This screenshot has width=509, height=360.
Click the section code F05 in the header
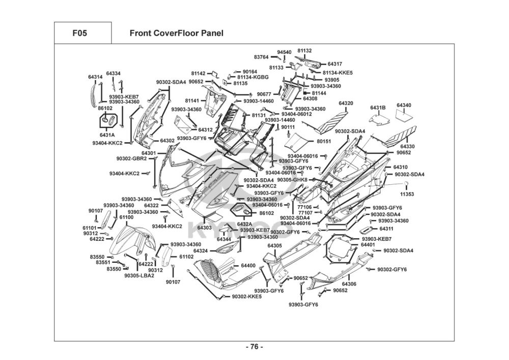[x=79, y=34]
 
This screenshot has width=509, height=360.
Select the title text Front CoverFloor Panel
[x=176, y=34]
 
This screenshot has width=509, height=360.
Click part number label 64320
[x=346, y=104]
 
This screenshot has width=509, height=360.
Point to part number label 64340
[x=404, y=105]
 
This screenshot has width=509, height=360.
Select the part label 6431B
[x=378, y=107]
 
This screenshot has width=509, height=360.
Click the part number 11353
[x=407, y=194]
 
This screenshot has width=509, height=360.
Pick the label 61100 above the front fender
[x=127, y=217]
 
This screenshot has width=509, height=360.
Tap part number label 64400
[x=248, y=266]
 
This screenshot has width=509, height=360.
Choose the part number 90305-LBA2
[x=139, y=276]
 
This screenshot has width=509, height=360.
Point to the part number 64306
[x=349, y=284]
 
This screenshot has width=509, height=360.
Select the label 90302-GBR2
[x=131, y=158]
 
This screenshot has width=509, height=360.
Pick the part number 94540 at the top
[x=284, y=52]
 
